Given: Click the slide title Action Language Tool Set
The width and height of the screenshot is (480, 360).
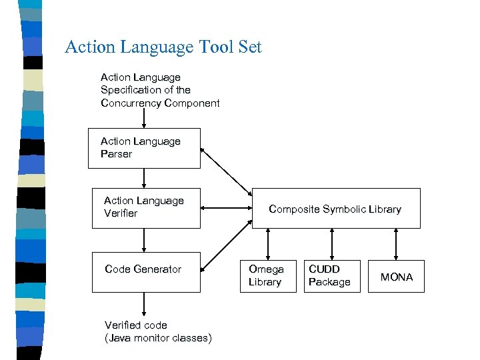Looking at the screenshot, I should pos(163,47).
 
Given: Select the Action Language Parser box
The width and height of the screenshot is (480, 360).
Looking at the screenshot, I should pos(144,148).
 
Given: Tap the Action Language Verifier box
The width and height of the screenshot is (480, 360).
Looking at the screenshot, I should pos(145,207).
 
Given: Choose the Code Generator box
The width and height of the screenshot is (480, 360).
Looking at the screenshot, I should pos(145,271).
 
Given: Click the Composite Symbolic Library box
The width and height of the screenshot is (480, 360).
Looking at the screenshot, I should pos(335,209).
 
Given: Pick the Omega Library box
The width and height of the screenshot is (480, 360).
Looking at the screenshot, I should pos(267,276).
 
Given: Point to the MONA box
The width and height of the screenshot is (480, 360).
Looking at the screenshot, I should pos(396,277).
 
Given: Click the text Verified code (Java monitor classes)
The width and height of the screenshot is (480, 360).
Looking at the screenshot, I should pos(158,331).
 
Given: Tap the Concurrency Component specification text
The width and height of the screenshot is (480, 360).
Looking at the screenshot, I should pos(159,90).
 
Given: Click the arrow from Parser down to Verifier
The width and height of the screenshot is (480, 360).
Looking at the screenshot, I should pos(144,178).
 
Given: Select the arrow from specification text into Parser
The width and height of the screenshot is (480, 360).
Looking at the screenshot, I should pos(144,119).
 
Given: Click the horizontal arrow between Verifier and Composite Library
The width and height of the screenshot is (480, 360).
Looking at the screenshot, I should pos(226,209).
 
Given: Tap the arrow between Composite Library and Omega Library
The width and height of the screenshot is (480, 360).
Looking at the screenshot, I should pos(268,244).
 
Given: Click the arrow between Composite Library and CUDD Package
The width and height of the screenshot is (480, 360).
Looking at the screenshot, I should pos(331,244).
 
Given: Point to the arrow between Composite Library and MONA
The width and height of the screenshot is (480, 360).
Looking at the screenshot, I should pos(396,244).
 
